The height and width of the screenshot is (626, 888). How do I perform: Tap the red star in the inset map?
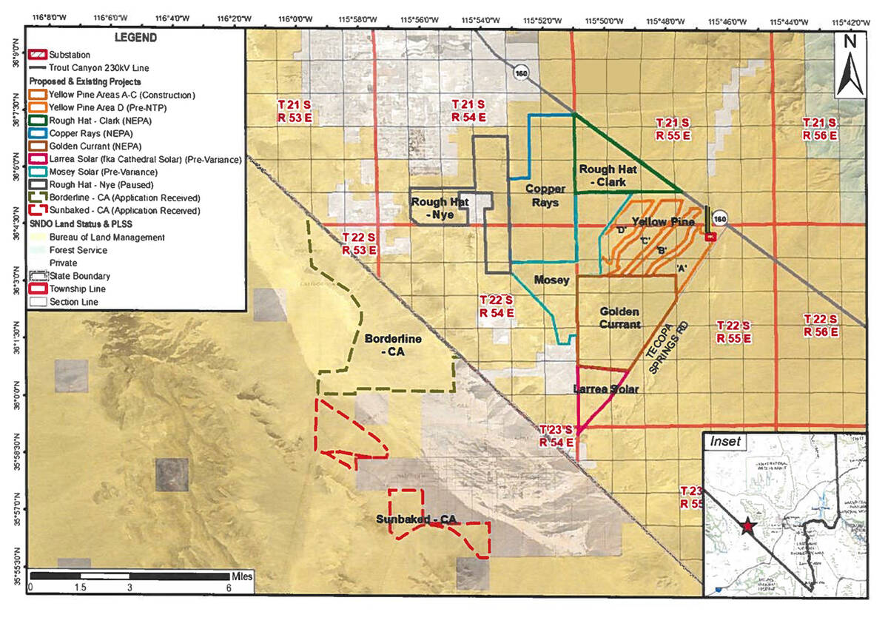tap(747, 525)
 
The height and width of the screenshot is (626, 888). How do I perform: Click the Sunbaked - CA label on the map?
tap(414, 520)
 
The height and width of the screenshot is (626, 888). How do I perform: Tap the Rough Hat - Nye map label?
tap(440, 208)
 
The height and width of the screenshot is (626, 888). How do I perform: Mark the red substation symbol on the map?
tap(710, 237)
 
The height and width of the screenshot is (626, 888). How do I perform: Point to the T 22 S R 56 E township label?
tap(821, 326)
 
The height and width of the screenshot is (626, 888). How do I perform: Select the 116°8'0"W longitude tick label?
tap(47, 14)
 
